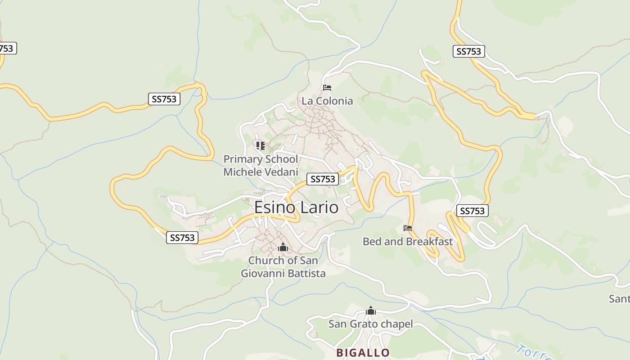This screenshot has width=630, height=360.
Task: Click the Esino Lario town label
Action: point(296,207)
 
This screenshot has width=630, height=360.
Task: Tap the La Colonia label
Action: point(327,101)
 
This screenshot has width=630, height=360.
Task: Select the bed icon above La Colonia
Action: point(327,87)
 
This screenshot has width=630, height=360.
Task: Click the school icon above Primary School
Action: point(260,145)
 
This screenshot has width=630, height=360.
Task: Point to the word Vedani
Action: point(278,172)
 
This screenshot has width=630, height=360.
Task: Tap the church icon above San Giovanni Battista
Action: point(283,247)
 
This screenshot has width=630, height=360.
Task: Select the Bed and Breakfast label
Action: point(407,242)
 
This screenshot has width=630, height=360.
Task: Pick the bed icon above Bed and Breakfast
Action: point(408,228)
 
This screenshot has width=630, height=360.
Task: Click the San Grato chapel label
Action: point(370,324)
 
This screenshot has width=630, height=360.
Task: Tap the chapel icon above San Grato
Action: point(370,311)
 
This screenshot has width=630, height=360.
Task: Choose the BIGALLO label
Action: point(363,352)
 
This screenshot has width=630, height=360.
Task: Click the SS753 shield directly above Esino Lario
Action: point(323,179)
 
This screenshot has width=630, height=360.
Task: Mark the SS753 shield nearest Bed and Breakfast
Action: point(472,211)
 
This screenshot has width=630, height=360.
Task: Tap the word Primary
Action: point(243,159)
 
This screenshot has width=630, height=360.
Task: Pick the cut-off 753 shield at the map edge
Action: point(7,48)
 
